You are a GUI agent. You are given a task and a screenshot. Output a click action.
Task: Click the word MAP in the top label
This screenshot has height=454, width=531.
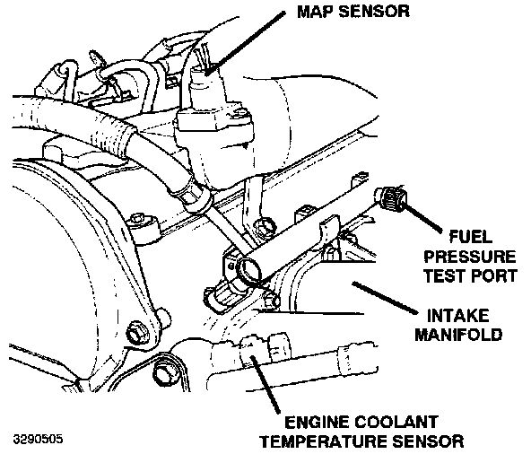coord(316,12)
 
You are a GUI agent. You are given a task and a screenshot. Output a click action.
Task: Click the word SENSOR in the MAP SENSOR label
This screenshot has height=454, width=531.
coord(374,12)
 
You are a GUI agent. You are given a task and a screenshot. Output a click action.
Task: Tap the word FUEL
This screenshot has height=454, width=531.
coord(470,237)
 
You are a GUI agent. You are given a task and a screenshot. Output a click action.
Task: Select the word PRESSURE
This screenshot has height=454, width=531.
coord(470,257)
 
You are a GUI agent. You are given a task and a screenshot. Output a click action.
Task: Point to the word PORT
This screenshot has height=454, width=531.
coord(494,275)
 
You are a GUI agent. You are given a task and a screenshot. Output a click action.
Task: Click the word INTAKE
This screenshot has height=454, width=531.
coord(458,316)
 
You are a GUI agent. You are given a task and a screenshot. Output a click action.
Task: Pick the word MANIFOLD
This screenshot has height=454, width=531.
coord(458,335)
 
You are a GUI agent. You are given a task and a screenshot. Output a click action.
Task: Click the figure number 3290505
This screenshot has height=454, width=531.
coord(38,440)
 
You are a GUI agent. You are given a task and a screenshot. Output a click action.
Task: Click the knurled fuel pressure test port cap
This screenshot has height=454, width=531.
coord(394,198)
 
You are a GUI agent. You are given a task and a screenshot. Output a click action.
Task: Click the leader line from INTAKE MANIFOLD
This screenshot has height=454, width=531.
coord(385,298)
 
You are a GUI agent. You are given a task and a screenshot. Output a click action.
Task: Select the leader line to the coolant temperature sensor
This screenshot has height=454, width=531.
coord(265,385)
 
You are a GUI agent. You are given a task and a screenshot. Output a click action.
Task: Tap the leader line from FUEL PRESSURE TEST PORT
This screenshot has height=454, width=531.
coord(422,216)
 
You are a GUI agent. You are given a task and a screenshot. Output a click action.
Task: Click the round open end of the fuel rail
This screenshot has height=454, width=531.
coord(249,267)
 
